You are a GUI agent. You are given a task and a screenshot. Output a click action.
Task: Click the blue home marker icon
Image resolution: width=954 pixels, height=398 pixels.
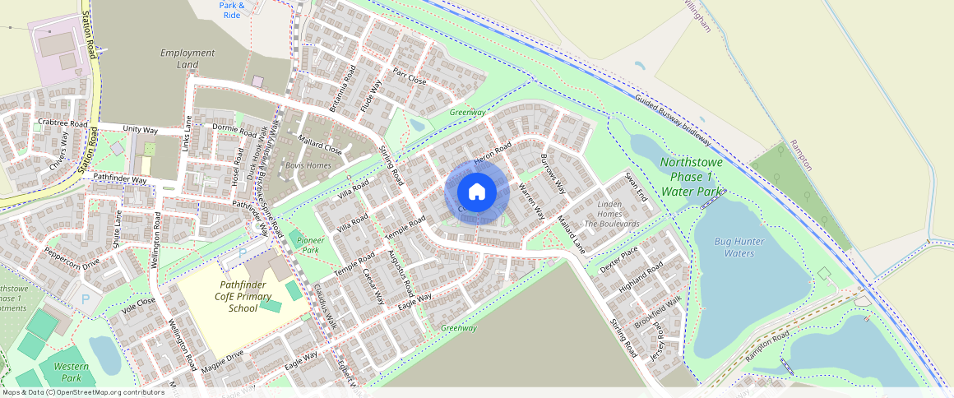click(x=477, y=192)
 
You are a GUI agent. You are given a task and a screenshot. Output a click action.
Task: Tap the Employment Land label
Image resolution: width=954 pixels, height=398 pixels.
click(x=188, y=59)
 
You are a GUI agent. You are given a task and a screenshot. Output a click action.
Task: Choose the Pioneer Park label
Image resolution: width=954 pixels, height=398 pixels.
click(x=310, y=244)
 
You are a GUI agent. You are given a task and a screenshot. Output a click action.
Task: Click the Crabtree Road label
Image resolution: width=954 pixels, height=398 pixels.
click(x=63, y=123)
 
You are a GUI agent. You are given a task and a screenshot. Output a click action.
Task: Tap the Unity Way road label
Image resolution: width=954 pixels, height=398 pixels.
click(x=140, y=130)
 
